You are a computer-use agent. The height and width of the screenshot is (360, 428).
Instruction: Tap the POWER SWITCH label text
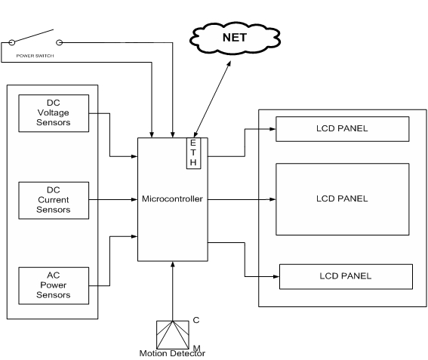coord(35,56)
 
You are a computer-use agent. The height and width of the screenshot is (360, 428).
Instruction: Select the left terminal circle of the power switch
coord(12,42)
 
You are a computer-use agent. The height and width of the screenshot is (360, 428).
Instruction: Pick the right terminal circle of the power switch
coord(59,42)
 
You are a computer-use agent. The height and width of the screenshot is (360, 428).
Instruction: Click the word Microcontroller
coord(172,198)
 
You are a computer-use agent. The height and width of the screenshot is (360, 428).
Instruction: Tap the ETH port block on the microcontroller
coord(193,153)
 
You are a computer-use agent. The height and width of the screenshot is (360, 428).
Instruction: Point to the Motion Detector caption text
coord(172,353)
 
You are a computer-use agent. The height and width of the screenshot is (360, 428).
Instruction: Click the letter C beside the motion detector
coord(196,320)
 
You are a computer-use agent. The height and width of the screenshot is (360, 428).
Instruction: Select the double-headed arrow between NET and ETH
coord(212,99)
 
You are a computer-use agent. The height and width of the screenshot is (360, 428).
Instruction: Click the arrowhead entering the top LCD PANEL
coord(273,129)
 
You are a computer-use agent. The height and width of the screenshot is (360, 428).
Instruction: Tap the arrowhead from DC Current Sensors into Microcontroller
coord(134,199)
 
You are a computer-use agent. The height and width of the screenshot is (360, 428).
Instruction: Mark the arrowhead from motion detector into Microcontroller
coord(173,265)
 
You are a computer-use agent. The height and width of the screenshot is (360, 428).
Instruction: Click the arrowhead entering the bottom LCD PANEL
coord(276,276)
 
